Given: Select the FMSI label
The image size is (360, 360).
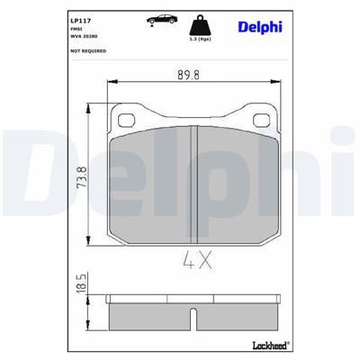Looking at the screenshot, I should pos(76,29).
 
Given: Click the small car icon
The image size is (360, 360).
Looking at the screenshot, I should pos(157,19).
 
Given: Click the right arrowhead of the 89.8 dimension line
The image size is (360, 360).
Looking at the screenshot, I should pos(279,85).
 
